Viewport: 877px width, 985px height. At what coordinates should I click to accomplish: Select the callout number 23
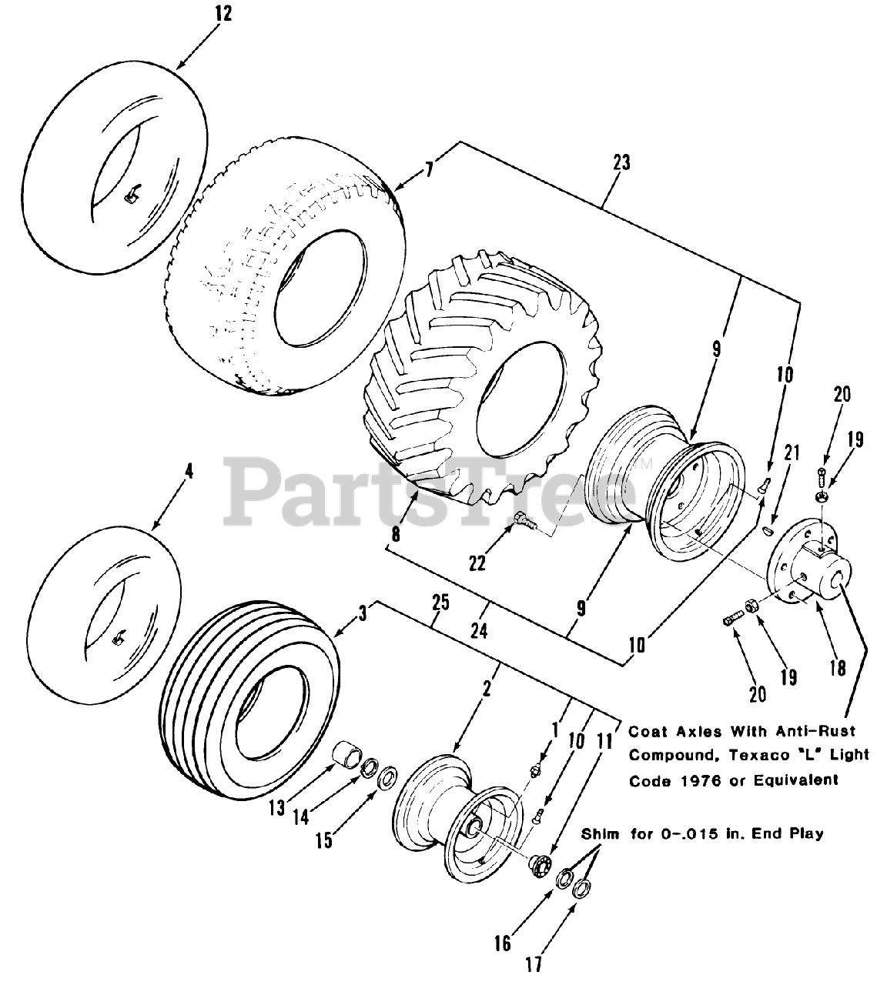[621, 162]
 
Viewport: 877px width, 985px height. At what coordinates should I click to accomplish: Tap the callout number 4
[189, 470]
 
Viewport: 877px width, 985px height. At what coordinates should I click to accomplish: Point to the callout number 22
[477, 563]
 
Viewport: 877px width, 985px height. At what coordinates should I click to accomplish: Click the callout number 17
[533, 963]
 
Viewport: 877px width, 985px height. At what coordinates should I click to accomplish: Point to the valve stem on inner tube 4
[118, 638]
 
